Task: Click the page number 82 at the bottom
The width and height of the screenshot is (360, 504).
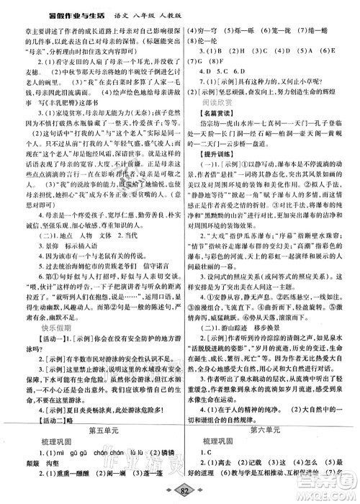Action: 180,495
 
